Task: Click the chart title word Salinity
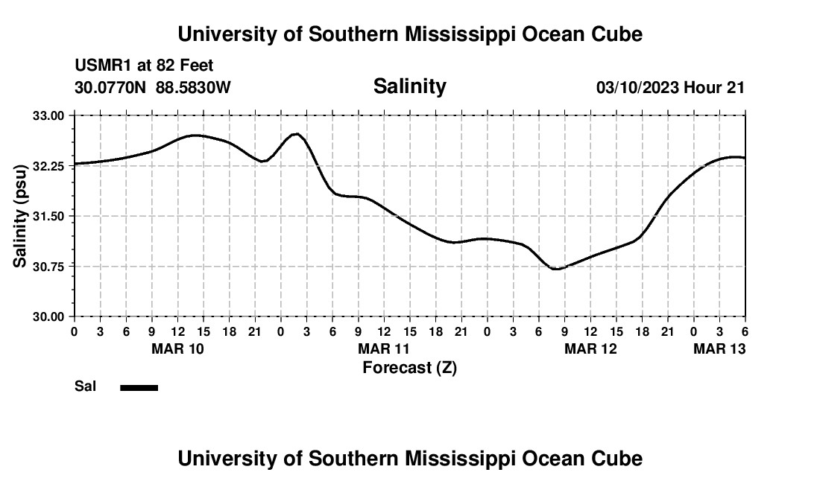click(x=409, y=86)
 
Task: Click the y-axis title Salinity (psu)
click(x=21, y=216)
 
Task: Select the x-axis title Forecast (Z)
click(x=409, y=367)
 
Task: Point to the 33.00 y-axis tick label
click(x=49, y=115)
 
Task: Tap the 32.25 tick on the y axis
click(x=49, y=166)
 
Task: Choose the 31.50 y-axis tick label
click(x=49, y=216)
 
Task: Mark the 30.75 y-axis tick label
click(x=49, y=267)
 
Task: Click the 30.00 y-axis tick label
click(x=49, y=316)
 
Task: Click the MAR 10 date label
click(x=177, y=348)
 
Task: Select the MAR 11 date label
click(x=384, y=348)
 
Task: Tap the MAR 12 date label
click(x=590, y=348)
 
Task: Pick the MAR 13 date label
click(x=719, y=348)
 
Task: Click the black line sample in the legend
click(x=139, y=387)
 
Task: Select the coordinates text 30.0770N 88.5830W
click(x=153, y=88)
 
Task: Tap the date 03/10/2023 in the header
click(x=637, y=88)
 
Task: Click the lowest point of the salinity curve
click(x=555, y=269)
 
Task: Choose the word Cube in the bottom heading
click(x=619, y=459)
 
